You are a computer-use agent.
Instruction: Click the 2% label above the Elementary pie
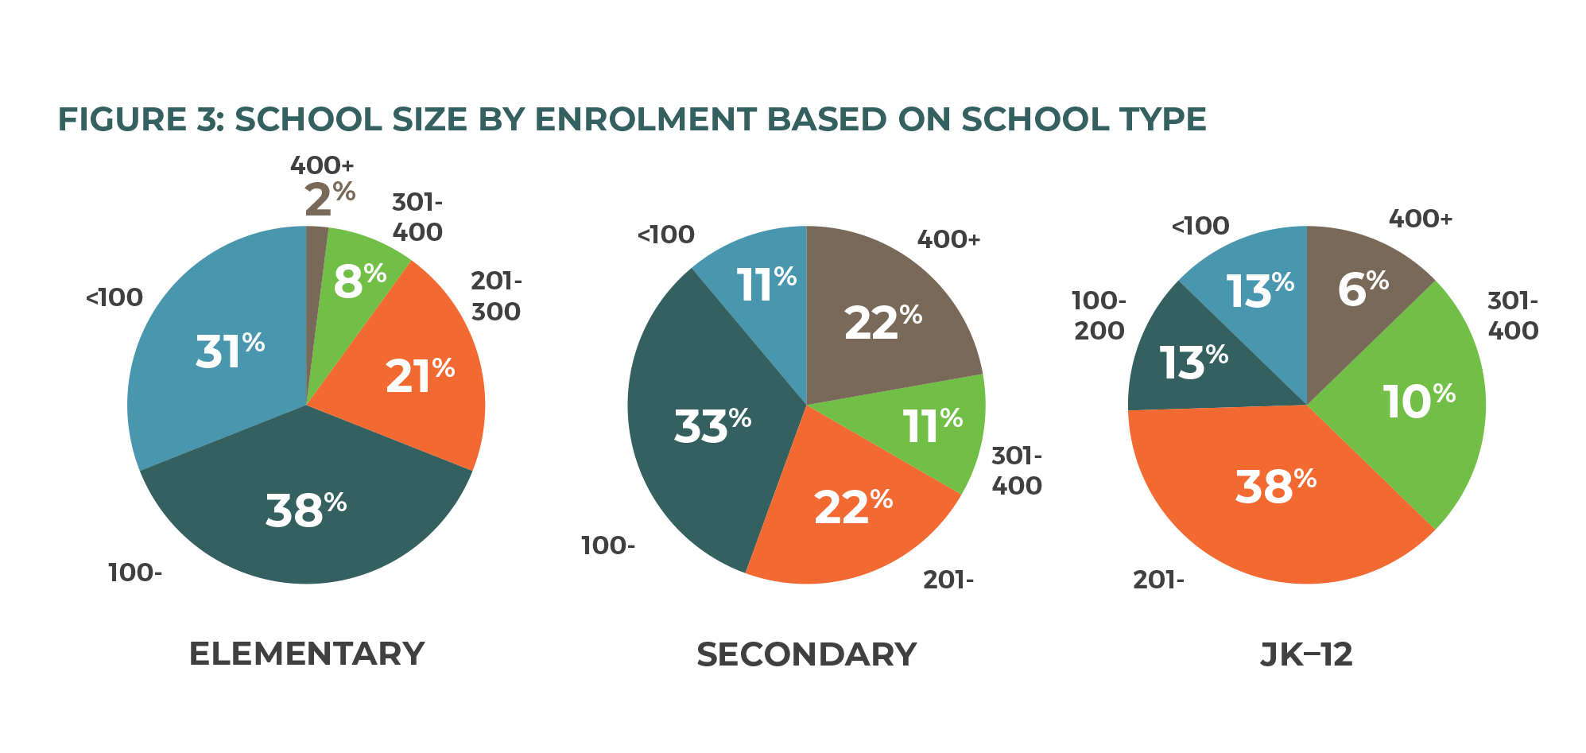[329, 199]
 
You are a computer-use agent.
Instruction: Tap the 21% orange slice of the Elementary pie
[419, 375]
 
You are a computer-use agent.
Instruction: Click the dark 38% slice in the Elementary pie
[305, 509]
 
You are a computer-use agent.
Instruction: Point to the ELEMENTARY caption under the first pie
[307, 654]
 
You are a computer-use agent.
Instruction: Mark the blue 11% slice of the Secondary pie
[765, 284]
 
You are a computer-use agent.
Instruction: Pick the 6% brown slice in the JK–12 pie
[1363, 288]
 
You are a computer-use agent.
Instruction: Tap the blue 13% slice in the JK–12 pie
[1259, 289]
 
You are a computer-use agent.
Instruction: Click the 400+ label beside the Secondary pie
[948, 239]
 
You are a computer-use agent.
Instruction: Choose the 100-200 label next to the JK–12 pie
[1099, 316]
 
